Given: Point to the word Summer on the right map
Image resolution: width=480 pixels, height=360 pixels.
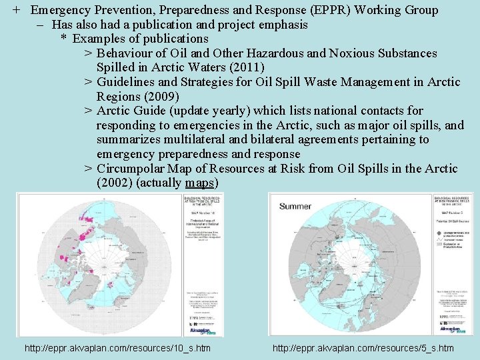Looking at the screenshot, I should (295, 206).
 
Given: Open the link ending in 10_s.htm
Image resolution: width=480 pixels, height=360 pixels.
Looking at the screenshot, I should (117, 348).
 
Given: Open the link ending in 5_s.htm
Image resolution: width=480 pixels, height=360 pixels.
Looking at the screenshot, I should (363, 348).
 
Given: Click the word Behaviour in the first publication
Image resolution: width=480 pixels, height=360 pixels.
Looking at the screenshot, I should (128, 53).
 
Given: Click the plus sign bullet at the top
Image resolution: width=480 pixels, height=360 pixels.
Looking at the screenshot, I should (15, 10).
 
